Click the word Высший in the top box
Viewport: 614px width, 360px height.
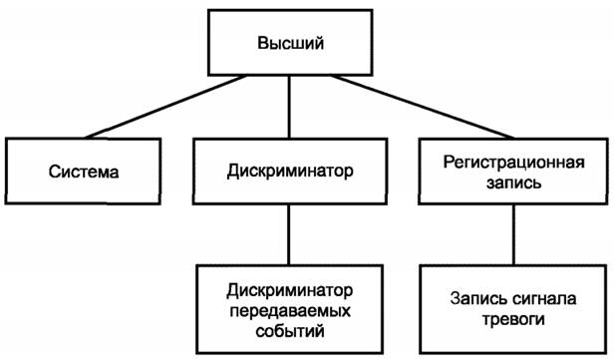click(x=291, y=43)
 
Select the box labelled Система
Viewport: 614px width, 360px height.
click(x=85, y=172)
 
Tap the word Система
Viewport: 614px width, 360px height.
click(x=85, y=172)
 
